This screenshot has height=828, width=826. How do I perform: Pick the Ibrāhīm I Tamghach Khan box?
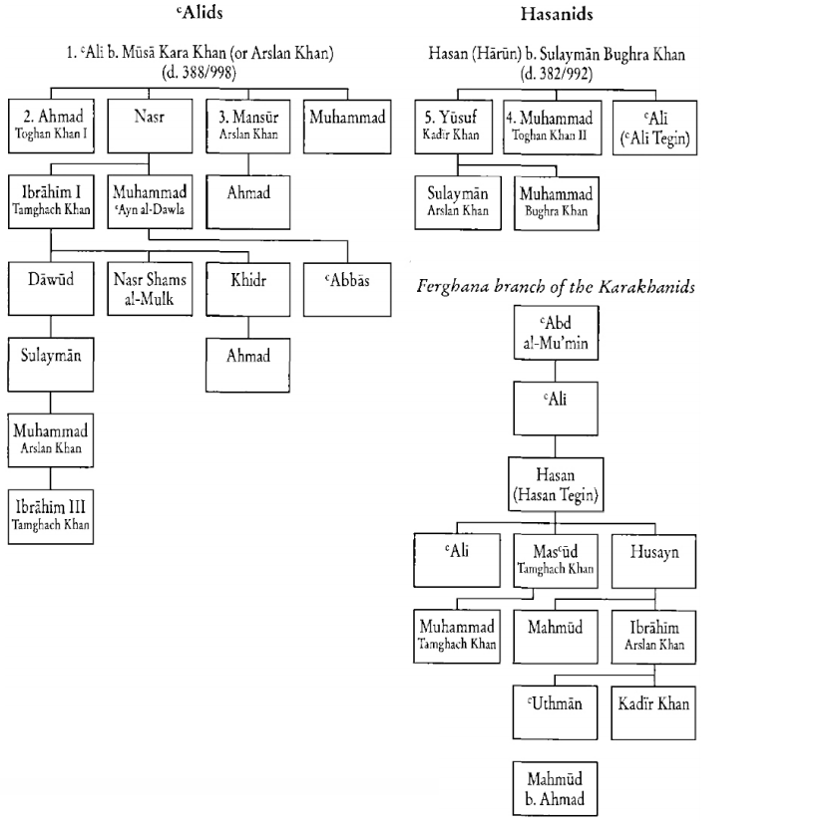coord(51,200)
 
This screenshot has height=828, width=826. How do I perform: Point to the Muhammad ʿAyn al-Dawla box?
coord(149,200)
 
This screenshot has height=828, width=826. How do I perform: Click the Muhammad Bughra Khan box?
coord(554,200)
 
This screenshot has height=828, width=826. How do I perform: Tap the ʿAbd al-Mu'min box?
coord(554,331)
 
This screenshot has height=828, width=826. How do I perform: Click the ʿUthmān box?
coord(554,711)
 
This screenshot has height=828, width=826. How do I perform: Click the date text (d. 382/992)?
coord(554,75)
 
